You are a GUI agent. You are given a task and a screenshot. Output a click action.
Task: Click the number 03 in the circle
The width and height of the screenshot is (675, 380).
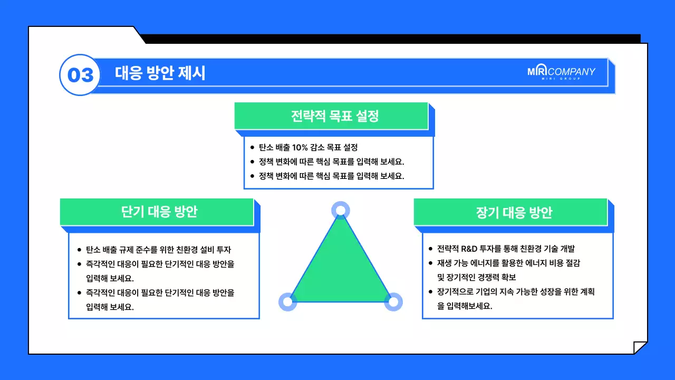tap(80, 75)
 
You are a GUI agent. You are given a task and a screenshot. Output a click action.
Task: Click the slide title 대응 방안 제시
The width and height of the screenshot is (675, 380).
tap(160, 73)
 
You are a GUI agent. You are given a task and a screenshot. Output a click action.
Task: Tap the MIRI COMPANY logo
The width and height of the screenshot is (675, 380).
tap(561, 72)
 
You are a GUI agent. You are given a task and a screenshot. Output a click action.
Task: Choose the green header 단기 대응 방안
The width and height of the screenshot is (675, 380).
tap(159, 212)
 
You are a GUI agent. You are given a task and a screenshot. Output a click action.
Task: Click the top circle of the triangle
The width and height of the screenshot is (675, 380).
tap(341, 211)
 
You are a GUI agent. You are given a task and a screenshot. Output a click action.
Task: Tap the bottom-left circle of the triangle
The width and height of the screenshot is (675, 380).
tap(287, 302)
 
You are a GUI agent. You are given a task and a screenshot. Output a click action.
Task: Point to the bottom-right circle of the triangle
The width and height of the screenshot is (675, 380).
tap(393, 302)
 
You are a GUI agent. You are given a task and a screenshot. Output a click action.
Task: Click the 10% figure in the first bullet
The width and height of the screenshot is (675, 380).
tap(302, 147)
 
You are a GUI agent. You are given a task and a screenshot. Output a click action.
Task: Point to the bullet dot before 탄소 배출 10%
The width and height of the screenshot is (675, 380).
tap(252, 147)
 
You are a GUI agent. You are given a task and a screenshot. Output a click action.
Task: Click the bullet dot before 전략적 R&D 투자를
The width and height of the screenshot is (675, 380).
tap(430, 249)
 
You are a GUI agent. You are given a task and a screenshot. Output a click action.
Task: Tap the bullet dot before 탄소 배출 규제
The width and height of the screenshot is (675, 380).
tap(79, 250)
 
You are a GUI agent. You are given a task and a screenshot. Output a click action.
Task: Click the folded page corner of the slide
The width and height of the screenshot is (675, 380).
tap(640, 348)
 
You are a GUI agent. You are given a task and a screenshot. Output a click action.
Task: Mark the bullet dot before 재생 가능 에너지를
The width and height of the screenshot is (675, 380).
tap(430, 263)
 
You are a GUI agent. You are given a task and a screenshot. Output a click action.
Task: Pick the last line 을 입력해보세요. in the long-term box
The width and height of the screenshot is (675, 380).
tap(465, 306)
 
